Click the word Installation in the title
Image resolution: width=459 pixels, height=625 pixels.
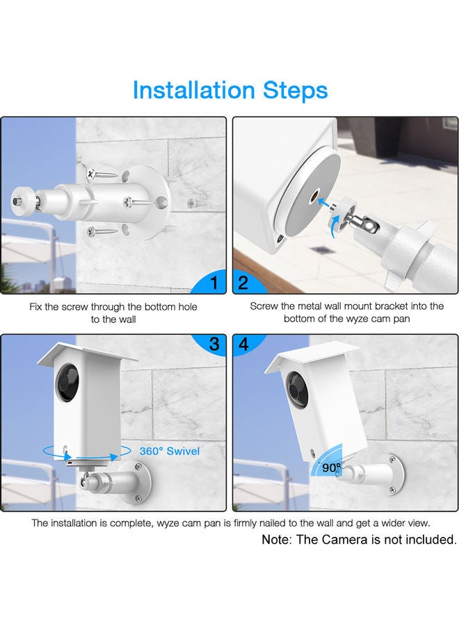click(193, 90)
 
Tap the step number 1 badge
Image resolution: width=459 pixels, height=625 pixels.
click(214, 283)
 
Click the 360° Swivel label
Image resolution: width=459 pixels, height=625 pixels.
click(169, 451)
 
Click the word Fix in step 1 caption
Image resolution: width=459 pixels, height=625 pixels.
click(36, 306)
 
